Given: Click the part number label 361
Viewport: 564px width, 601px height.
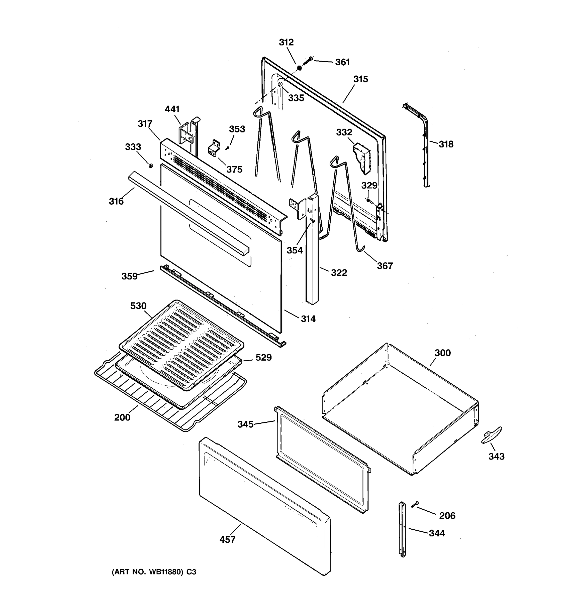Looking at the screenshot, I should pos(342,62).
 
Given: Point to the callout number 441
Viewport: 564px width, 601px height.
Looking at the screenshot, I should pos(172,109).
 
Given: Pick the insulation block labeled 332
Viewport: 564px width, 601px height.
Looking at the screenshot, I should pos(363,159).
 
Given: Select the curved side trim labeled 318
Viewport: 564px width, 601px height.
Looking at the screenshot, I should pos(422,142).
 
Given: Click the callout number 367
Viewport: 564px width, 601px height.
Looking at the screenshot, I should pos(385,266).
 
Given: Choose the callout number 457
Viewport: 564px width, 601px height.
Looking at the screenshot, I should pos(227,539).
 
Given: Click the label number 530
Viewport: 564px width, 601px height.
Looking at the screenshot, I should pos(138,306).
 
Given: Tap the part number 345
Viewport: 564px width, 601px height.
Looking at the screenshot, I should pos(245,424).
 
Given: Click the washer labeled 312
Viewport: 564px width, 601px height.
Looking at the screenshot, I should pos(300,68).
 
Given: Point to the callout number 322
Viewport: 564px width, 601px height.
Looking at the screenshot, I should pos(339,273).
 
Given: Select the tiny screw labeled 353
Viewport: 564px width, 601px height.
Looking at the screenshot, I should pos(228,147).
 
